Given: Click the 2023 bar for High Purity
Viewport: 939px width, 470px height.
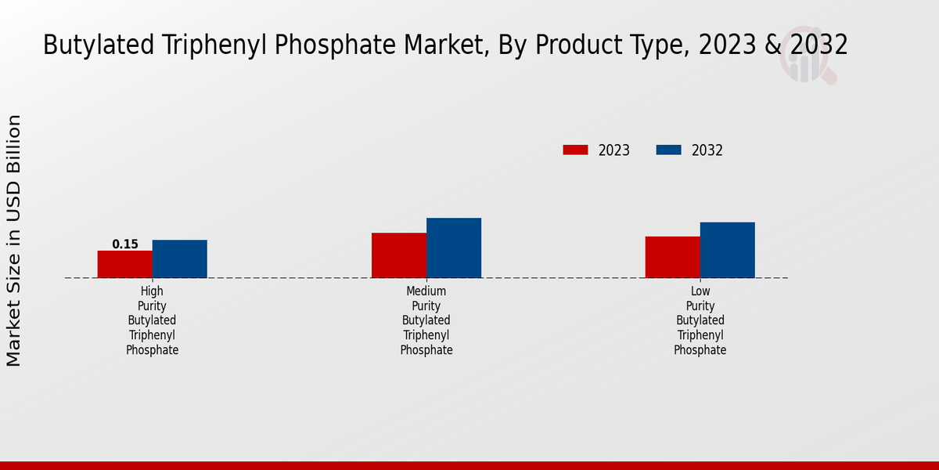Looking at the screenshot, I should tap(124, 264).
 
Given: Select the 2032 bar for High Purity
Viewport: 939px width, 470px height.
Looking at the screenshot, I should tap(179, 258).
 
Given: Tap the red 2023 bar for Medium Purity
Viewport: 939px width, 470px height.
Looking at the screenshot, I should tap(398, 255).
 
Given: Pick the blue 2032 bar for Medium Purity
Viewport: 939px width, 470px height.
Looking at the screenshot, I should tap(453, 248).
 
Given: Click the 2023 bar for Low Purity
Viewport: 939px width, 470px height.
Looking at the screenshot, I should tap(672, 257).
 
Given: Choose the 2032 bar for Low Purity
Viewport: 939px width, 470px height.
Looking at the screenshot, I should tap(727, 250).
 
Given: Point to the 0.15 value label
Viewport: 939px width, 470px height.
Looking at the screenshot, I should tap(125, 244).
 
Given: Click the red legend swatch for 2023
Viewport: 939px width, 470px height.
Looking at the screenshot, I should tap(575, 150).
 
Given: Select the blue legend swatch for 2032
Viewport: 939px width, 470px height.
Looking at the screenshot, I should tap(668, 150).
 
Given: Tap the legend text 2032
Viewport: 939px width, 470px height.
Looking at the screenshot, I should tap(707, 150).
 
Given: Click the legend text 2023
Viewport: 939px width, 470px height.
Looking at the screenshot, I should tap(614, 150).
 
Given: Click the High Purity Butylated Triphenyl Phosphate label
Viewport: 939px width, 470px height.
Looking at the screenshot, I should tap(153, 320).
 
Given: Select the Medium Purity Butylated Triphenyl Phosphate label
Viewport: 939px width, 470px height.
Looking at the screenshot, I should tap(426, 320).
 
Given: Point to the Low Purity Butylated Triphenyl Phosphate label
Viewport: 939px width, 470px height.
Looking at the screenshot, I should tap(700, 320).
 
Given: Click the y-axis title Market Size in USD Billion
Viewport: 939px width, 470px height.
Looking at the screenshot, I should tap(14, 240).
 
